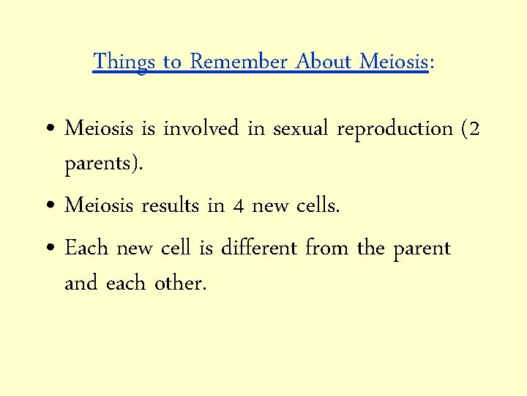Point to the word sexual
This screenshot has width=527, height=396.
pyautogui.click(x=302, y=129)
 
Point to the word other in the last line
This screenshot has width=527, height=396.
pyautogui.click(x=180, y=283)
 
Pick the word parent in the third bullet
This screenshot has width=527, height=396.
pyautogui.click(x=422, y=249)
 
